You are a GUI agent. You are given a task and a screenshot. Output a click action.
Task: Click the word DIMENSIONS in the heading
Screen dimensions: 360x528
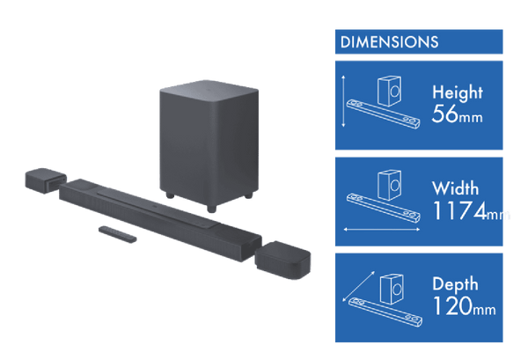pos(389,42)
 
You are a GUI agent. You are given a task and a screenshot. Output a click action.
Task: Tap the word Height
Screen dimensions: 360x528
pos(458,91)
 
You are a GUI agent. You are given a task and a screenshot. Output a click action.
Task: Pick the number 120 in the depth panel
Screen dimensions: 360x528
pos(448,307)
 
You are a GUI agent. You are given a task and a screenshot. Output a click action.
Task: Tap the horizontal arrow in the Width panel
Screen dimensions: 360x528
pos(379,229)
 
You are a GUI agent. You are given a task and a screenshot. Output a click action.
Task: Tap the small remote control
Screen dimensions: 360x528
pos(115,232)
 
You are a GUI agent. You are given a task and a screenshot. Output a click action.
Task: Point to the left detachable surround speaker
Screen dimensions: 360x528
pos(42,180)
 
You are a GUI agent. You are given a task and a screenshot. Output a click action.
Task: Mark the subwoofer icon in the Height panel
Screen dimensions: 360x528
pos(389,90)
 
